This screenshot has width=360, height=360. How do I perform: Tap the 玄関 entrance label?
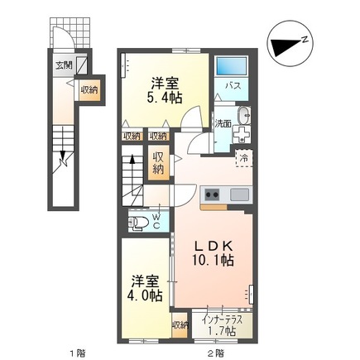pyautogui.click(x=64, y=64)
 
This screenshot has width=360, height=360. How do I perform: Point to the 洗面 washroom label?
pyautogui.click(x=223, y=123)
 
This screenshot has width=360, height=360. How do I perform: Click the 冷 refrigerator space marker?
pyautogui.click(x=243, y=156)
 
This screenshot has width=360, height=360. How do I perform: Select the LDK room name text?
pyautogui.click(x=214, y=245)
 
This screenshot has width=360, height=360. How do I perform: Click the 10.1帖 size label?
pyautogui.click(x=214, y=260)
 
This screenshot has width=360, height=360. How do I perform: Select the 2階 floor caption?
pyautogui.click(x=216, y=352)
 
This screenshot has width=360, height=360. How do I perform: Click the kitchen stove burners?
pyautogui.click(x=211, y=195)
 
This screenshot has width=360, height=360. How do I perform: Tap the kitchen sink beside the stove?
pyautogui.click(x=238, y=195)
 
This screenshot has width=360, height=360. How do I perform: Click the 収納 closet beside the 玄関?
pyautogui.click(x=89, y=89)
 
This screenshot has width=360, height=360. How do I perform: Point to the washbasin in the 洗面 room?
pyautogui.click(x=242, y=116)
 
